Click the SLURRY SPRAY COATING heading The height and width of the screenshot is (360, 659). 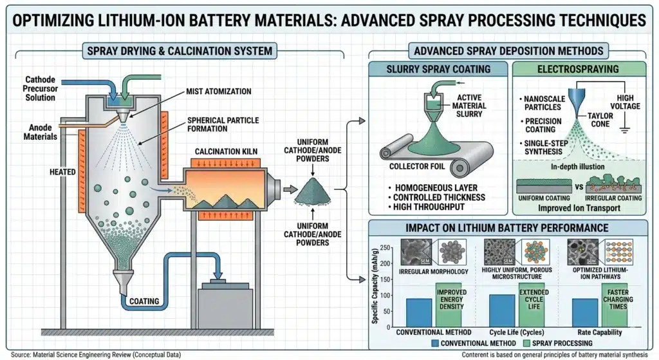point(438,69)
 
